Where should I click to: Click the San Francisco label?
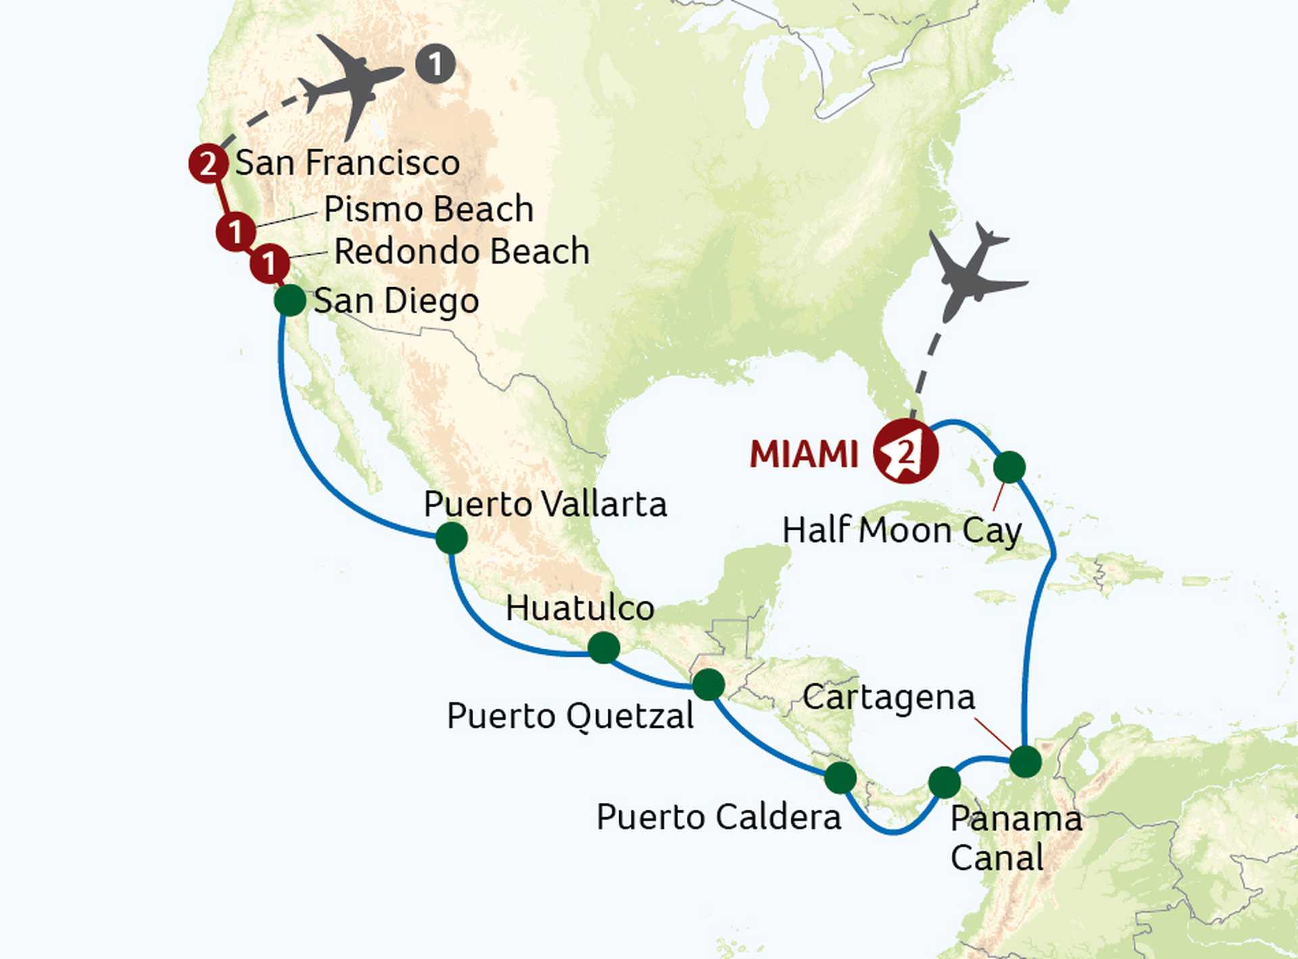click(x=347, y=163)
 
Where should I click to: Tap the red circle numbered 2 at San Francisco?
click(x=208, y=164)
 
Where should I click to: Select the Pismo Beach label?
click(x=429, y=209)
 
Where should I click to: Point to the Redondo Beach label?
click(x=462, y=251)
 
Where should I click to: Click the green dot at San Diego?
click(x=290, y=300)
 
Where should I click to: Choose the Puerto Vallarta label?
click(x=545, y=504)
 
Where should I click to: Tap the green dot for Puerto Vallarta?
click(x=452, y=538)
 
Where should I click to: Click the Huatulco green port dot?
click(x=604, y=647)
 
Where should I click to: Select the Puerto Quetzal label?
click(x=570, y=716)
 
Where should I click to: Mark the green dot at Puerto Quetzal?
click(x=708, y=685)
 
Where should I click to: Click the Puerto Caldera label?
click(x=719, y=817)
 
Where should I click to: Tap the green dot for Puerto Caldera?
click(x=840, y=778)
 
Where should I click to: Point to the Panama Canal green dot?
click(x=944, y=783)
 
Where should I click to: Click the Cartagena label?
click(x=889, y=697)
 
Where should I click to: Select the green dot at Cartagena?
click(x=1026, y=762)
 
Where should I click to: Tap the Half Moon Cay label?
click(x=902, y=531)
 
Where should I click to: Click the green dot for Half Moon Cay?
click(x=1009, y=467)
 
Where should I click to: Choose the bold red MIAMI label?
click(x=804, y=454)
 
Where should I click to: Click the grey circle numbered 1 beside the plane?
click(x=435, y=64)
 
